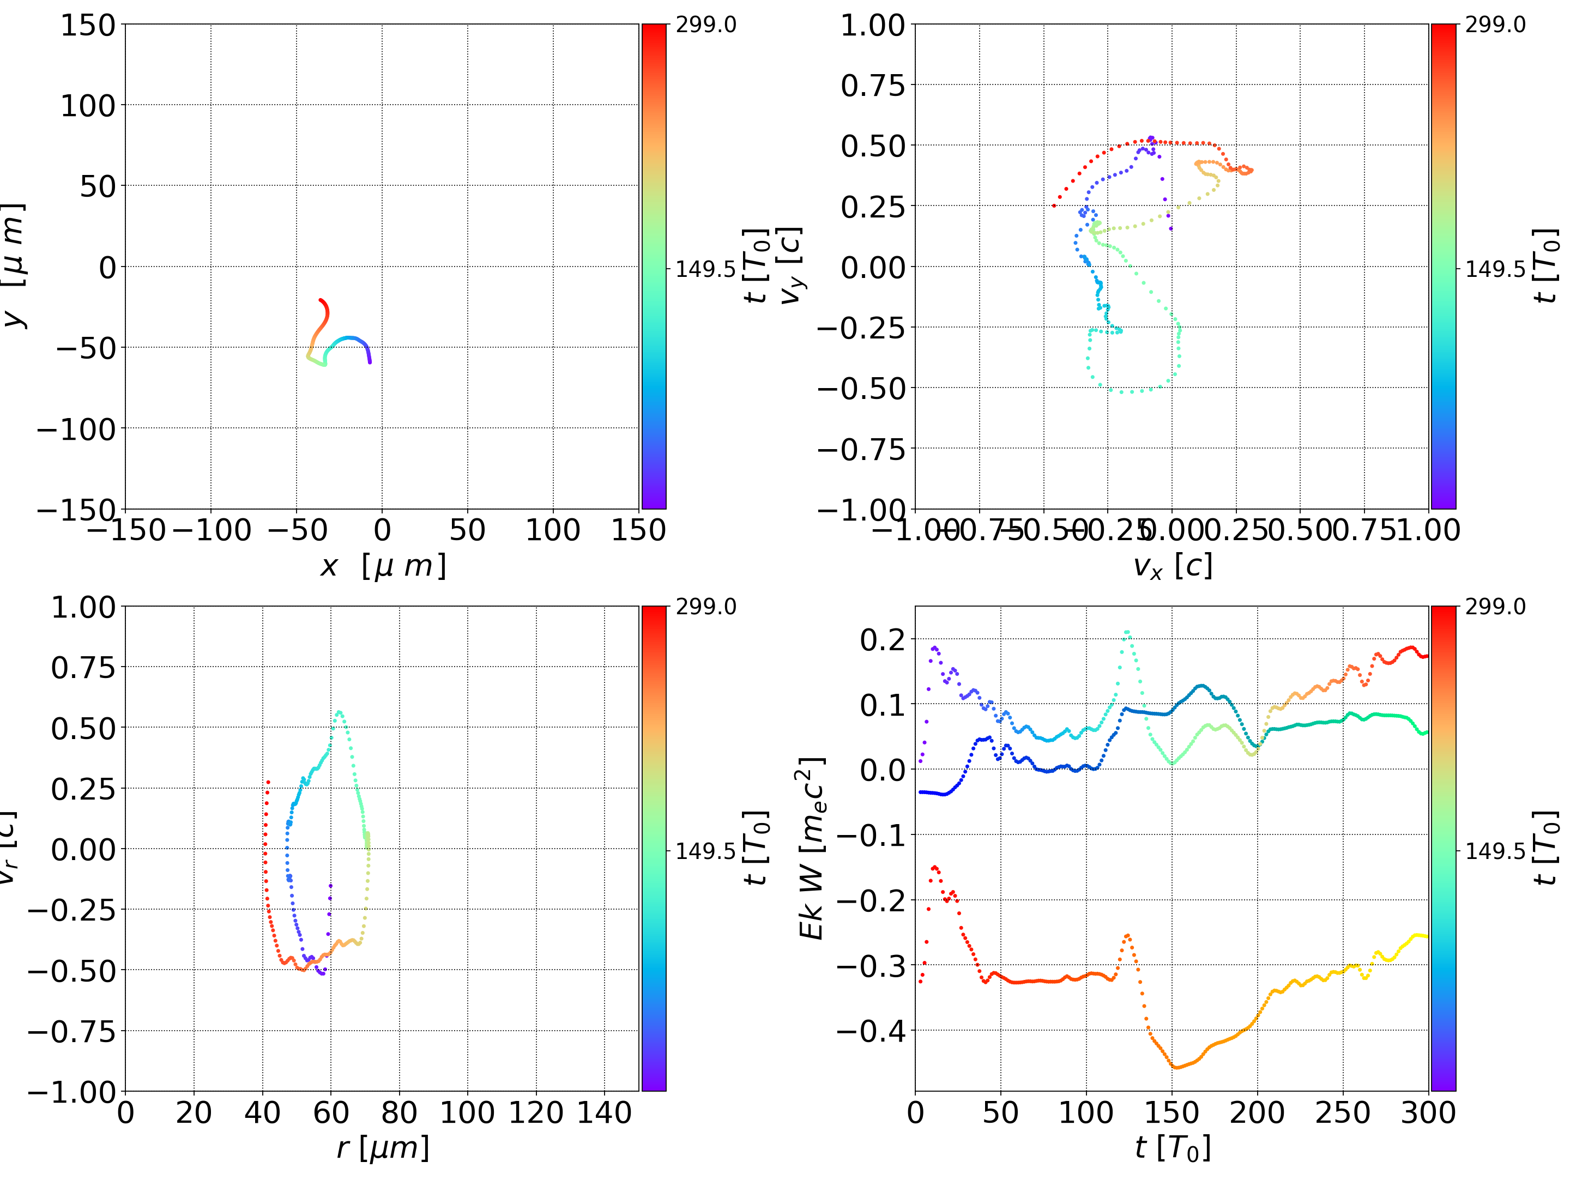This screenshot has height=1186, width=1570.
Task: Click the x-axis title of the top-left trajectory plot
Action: click(x=383, y=566)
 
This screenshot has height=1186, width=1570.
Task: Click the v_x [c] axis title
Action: click(x=1172, y=566)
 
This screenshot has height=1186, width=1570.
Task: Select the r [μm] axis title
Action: click(x=383, y=1148)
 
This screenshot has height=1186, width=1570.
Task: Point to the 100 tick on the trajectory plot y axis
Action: click(x=87, y=106)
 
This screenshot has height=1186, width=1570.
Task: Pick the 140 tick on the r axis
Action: click(x=604, y=1113)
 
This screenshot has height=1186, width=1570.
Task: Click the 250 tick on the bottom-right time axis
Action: click(x=1343, y=1113)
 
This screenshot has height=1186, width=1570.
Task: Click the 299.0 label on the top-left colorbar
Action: click(x=705, y=25)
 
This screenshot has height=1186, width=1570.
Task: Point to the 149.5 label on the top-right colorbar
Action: click(x=1495, y=269)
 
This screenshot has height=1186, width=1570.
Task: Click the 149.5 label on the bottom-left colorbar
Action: click(x=705, y=851)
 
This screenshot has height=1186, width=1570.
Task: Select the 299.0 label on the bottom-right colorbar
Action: click(x=1495, y=607)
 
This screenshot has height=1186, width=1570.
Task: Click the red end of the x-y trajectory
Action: click(x=321, y=300)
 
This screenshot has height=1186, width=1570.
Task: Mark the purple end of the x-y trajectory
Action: click(x=370, y=362)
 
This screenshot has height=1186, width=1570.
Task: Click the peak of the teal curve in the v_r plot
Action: click(x=339, y=712)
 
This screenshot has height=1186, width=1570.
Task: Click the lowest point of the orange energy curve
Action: click(x=1175, y=1067)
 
